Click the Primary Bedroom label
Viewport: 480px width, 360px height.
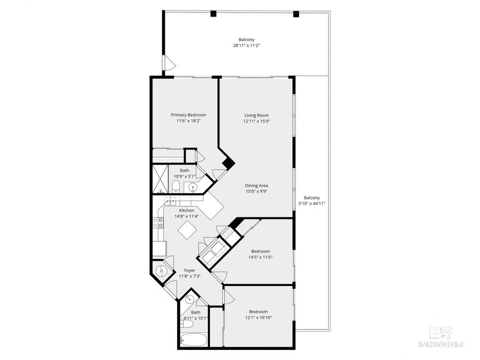pyautogui.click(x=188, y=115)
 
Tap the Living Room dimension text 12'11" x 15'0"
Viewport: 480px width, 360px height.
pyautogui.click(x=257, y=122)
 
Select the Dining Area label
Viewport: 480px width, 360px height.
pyautogui.click(x=256, y=185)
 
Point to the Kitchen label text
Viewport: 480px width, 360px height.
pyautogui.click(x=179, y=211)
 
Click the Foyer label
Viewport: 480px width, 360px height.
pyautogui.click(x=189, y=270)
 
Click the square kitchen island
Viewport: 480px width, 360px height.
pyautogui.click(x=187, y=231)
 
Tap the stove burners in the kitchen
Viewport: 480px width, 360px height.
pyautogui.click(x=158, y=222)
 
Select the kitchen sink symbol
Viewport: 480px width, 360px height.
pyautogui.click(x=172, y=201)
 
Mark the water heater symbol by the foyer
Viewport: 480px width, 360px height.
pyautogui.click(x=159, y=271)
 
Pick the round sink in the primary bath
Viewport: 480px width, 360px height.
pyautogui.click(x=193, y=187)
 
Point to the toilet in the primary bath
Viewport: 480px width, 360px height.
pyautogui.click(x=176, y=186)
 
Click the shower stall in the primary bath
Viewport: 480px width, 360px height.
pyautogui.click(x=160, y=174)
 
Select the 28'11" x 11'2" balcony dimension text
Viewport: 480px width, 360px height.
pyautogui.click(x=246, y=46)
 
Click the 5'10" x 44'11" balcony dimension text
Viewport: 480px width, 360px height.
pyautogui.click(x=311, y=203)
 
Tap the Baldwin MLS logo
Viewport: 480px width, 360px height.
pyautogui.click(x=441, y=338)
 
